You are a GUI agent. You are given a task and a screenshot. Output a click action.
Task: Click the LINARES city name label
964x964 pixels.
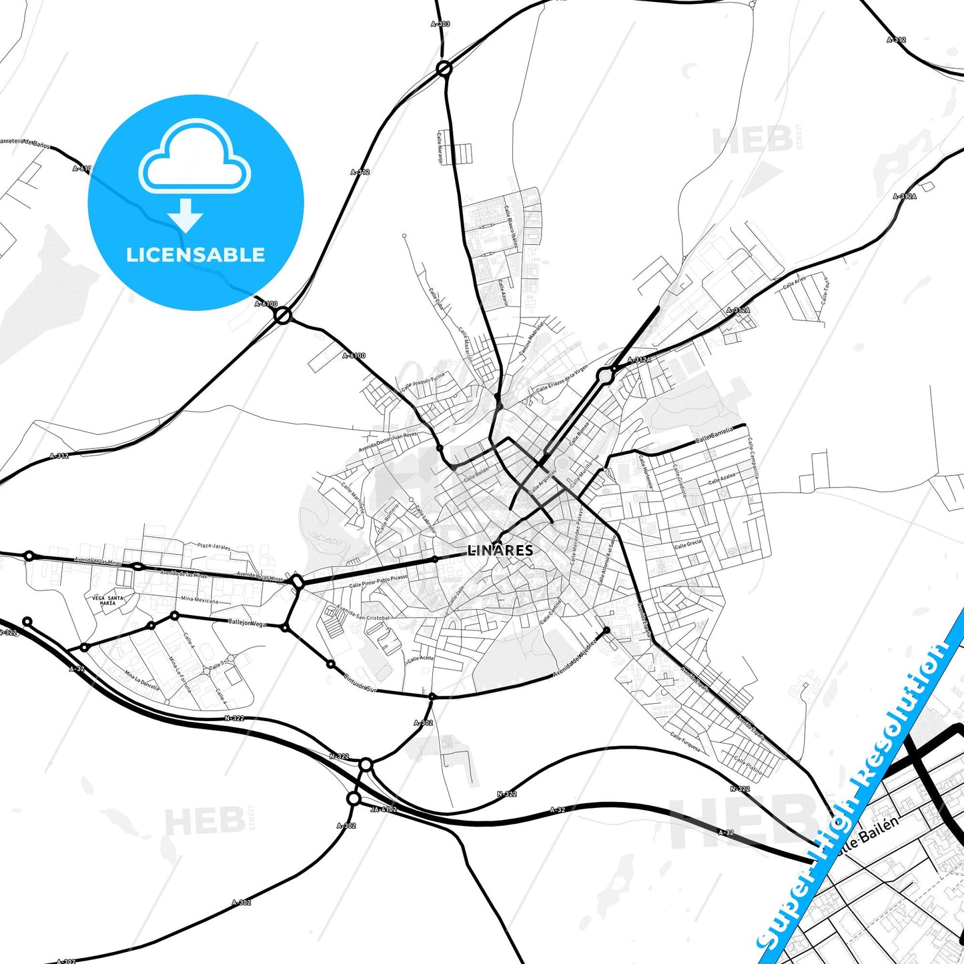(x=500, y=550)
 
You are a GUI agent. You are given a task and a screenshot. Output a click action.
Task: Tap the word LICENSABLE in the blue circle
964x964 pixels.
(x=195, y=255)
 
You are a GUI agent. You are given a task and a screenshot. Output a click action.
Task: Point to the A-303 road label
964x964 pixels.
(x=440, y=24)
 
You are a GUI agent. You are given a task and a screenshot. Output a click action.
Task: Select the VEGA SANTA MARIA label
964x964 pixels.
(x=107, y=600)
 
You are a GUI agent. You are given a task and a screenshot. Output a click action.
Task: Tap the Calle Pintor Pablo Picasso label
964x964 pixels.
(x=378, y=580)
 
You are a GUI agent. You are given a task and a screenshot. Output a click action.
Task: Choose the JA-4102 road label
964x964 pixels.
(x=383, y=809)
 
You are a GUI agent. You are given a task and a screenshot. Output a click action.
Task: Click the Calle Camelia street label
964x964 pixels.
(x=714, y=435)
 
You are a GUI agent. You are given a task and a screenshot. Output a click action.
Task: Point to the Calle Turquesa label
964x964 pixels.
(x=685, y=742)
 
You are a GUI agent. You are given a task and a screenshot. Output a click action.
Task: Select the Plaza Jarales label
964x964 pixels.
(x=213, y=546)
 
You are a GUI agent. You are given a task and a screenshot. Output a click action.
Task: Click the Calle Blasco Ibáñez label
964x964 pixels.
(x=512, y=227)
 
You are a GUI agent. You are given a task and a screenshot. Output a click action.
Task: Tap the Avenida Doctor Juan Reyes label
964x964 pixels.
(x=388, y=442)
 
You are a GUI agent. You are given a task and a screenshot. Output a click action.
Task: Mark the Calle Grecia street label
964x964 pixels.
(x=688, y=544)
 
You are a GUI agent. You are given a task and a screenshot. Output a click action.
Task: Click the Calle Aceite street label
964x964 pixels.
(x=420, y=659)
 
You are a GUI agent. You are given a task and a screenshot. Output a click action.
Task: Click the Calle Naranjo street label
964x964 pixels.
(x=440, y=147)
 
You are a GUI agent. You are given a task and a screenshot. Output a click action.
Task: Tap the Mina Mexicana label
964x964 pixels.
(x=199, y=600)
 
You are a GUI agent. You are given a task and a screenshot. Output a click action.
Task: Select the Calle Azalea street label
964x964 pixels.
(x=722, y=478)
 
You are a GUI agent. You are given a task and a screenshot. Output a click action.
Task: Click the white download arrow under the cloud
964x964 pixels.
(x=185, y=215)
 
